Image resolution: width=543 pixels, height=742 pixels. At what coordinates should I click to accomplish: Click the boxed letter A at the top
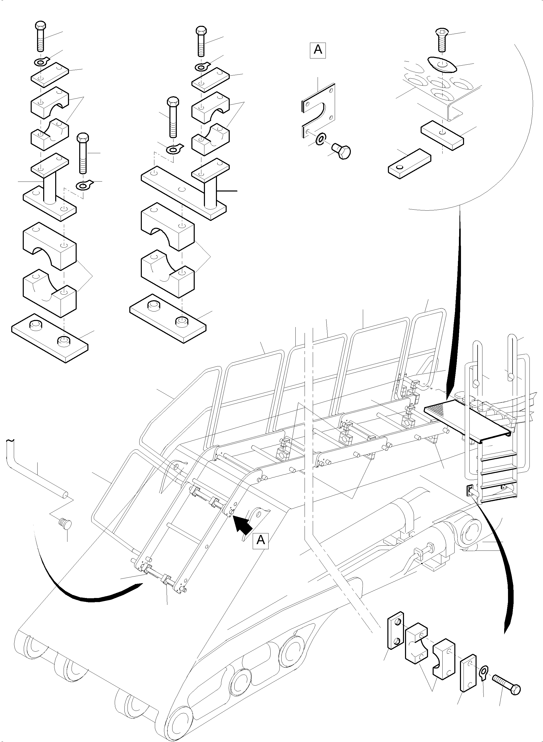tap(318, 50)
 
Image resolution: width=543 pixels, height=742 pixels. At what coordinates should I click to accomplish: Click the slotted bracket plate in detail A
tap(318, 110)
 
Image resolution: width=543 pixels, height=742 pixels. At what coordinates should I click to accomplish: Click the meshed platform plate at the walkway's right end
tap(468, 417)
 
